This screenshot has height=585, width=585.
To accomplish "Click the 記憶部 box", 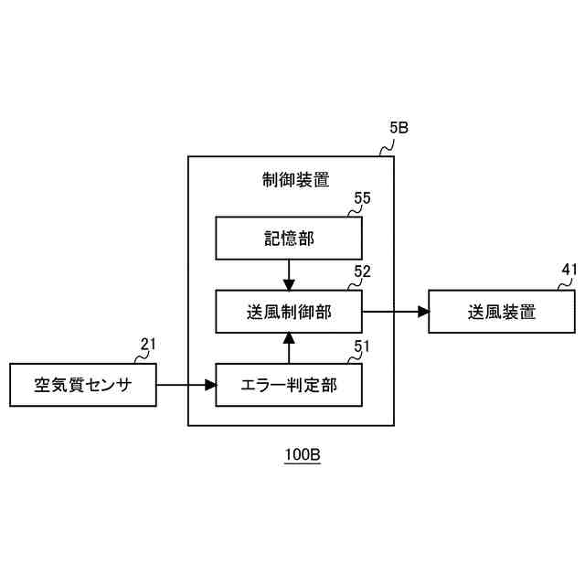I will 288,239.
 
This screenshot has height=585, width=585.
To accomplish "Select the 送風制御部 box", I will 288,312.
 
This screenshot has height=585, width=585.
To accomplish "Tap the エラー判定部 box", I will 288,385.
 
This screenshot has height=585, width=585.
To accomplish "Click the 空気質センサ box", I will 82,385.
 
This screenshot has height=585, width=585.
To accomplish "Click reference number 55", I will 363,198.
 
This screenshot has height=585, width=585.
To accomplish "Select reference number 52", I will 363,271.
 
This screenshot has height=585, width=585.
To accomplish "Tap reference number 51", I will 363,345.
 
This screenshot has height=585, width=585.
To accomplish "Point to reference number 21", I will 148,345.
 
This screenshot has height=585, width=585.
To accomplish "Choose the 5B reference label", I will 399,129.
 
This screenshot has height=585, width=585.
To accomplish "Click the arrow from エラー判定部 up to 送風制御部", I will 288,348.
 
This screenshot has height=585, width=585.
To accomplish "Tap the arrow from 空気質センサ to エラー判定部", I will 186,385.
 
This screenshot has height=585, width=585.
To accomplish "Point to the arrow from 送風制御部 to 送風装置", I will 396,312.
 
